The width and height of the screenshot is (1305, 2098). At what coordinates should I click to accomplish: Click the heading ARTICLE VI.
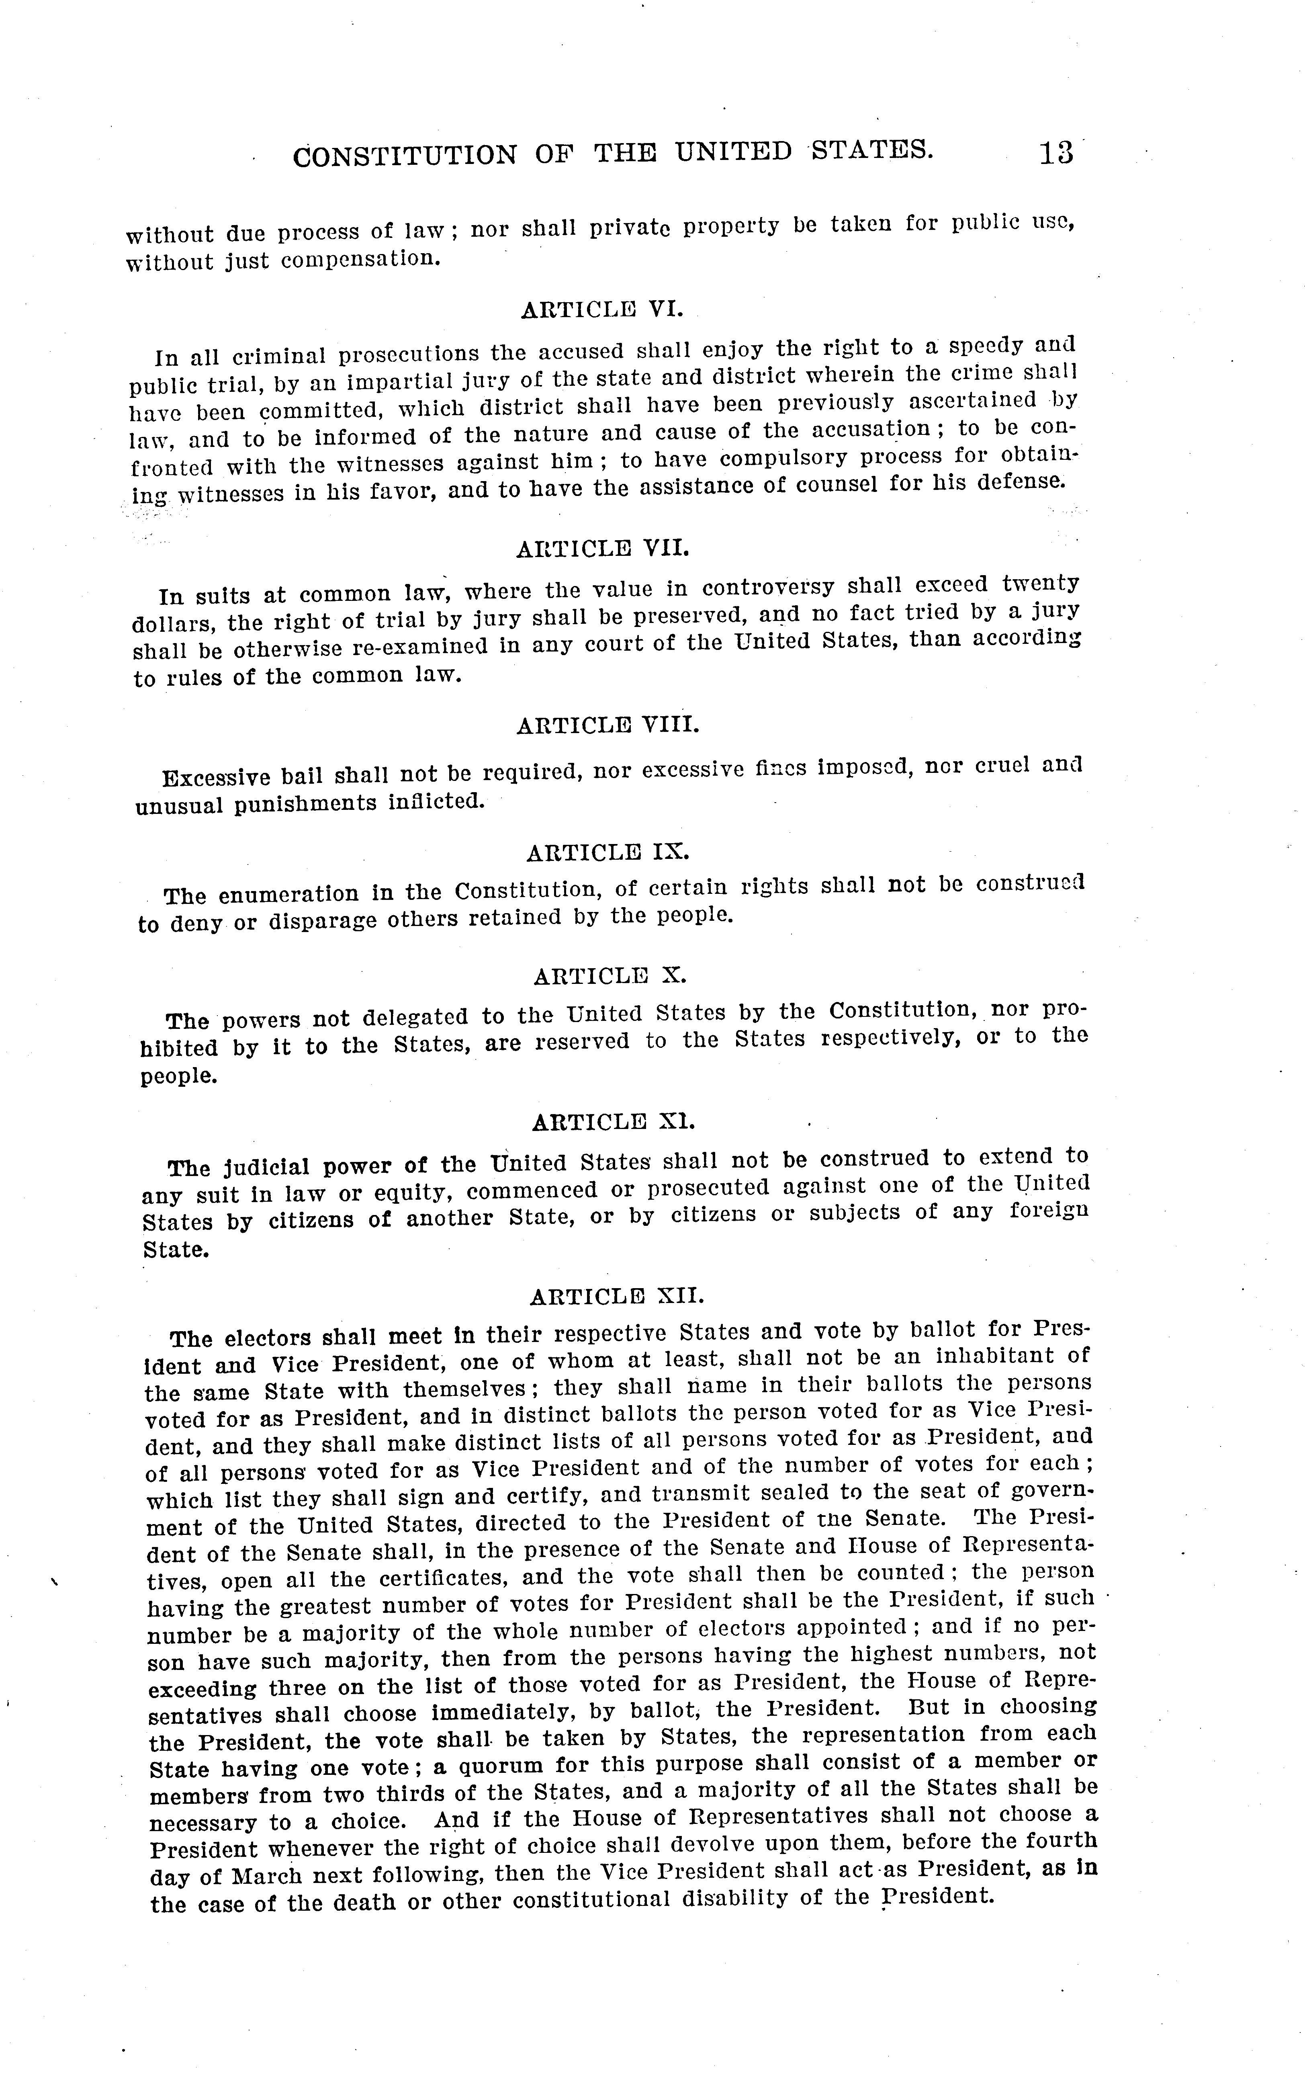[602, 309]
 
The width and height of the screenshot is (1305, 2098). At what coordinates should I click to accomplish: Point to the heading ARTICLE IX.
[607, 852]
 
